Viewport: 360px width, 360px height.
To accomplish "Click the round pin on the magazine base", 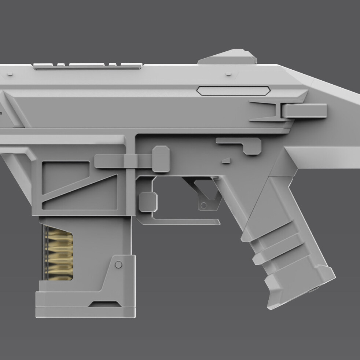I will (118, 264).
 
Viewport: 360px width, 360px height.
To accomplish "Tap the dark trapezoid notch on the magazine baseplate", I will (106, 304).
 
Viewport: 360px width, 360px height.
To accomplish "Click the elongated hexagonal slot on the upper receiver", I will (233, 91).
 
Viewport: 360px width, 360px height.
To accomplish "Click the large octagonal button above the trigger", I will (161, 159).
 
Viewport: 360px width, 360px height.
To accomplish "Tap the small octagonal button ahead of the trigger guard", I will (148, 202).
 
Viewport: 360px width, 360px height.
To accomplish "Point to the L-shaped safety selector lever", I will (242, 144).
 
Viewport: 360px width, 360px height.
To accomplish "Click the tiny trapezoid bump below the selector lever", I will (226, 160).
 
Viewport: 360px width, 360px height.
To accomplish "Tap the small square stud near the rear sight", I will (228, 74).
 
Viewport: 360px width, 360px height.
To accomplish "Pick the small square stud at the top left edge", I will (10, 74).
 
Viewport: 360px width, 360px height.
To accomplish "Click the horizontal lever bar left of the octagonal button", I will (117, 161).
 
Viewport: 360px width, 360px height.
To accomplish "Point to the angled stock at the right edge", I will (330, 121).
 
